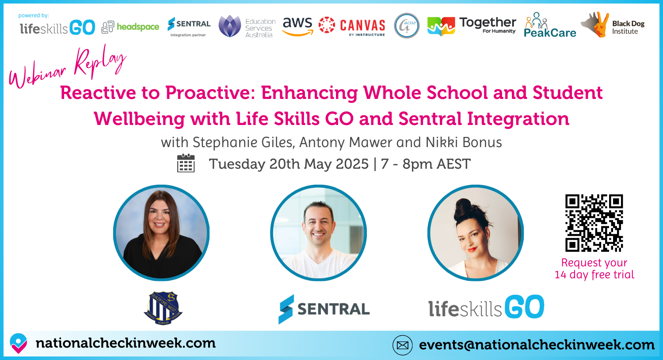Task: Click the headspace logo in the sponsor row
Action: [130, 27]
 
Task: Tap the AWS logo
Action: [297, 26]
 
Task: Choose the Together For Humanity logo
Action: [472, 26]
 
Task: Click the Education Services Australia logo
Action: [247, 27]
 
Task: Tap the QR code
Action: [594, 223]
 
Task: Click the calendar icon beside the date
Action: [186, 163]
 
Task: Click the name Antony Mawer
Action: [346, 143]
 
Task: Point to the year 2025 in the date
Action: [352, 164]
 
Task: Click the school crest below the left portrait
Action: [163, 308]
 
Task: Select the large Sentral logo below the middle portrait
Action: [324, 309]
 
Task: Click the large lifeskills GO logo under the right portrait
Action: [486, 307]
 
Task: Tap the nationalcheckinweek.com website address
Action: [126, 343]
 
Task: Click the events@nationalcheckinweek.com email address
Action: [537, 345]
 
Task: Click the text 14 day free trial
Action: [594, 275]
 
